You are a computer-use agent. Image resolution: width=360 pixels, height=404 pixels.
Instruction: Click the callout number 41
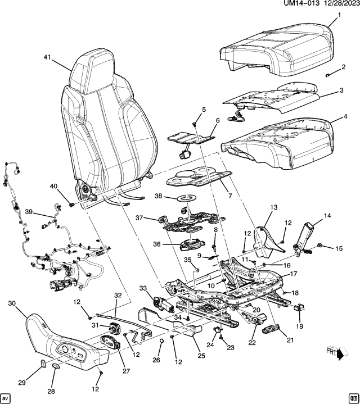[47, 57]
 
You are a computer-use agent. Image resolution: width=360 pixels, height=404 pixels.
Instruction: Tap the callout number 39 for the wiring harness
[30, 212]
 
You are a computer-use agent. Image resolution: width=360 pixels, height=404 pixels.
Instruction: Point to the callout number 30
[12, 304]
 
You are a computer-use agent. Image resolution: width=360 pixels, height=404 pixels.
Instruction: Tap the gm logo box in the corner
[353, 397]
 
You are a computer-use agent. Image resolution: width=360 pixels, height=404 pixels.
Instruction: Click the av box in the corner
[6, 397]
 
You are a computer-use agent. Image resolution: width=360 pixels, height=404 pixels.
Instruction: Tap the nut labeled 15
[319, 246]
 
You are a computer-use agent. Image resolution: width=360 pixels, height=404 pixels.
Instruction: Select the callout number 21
[290, 339]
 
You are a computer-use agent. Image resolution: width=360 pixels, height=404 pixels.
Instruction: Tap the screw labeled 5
[194, 119]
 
